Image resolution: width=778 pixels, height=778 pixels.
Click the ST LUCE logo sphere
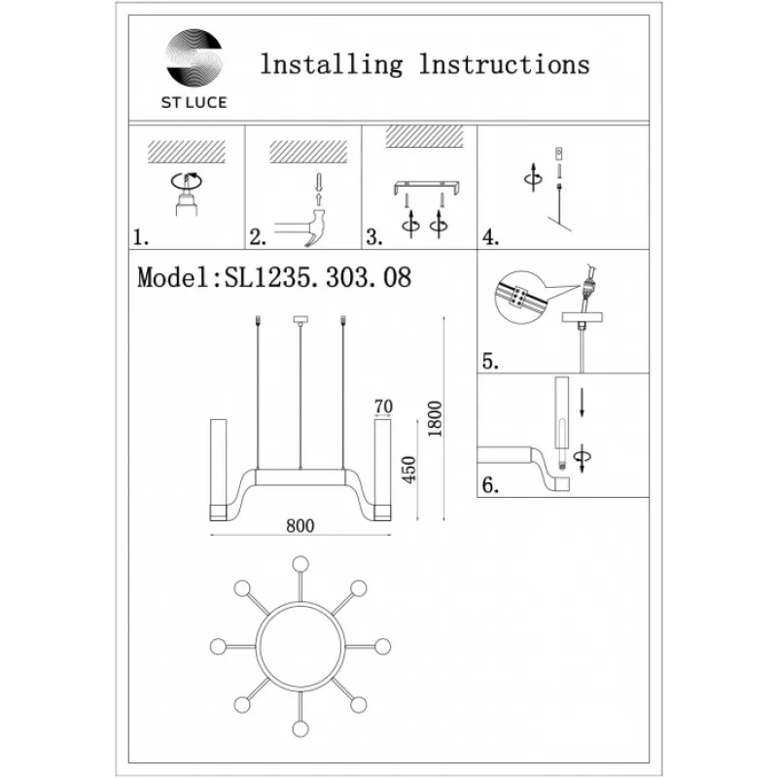pyautogui.click(x=194, y=57)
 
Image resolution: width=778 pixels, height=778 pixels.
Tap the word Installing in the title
pyautogui.click(x=332, y=65)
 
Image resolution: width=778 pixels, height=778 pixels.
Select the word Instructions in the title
pyautogui.click(x=505, y=64)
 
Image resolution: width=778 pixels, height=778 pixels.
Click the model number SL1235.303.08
pyautogui.click(x=318, y=277)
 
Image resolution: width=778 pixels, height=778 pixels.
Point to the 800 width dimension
pyautogui.click(x=301, y=525)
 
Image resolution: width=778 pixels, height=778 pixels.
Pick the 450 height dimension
pyautogui.click(x=408, y=470)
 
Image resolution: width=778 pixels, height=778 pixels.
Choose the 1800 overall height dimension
pyautogui.click(x=435, y=419)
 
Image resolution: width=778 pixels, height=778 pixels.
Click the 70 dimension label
pyautogui.click(x=383, y=407)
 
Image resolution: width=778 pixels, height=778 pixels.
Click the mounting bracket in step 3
pyautogui.click(x=427, y=188)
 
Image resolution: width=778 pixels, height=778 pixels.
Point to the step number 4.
pyautogui.click(x=490, y=237)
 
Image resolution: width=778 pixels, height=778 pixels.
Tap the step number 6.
pyautogui.click(x=490, y=484)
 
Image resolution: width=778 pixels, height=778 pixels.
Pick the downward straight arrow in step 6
pyautogui.click(x=582, y=402)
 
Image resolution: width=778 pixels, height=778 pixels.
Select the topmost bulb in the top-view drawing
pyautogui.click(x=301, y=564)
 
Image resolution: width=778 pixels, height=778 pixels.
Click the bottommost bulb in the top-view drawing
pyautogui.click(x=301, y=729)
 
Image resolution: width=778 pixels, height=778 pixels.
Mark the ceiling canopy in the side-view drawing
pyautogui.click(x=301, y=320)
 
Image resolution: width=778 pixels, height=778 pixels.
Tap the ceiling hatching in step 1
pyautogui.click(x=187, y=152)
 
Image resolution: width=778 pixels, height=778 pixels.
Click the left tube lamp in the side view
pyautogui.click(x=218, y=470)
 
